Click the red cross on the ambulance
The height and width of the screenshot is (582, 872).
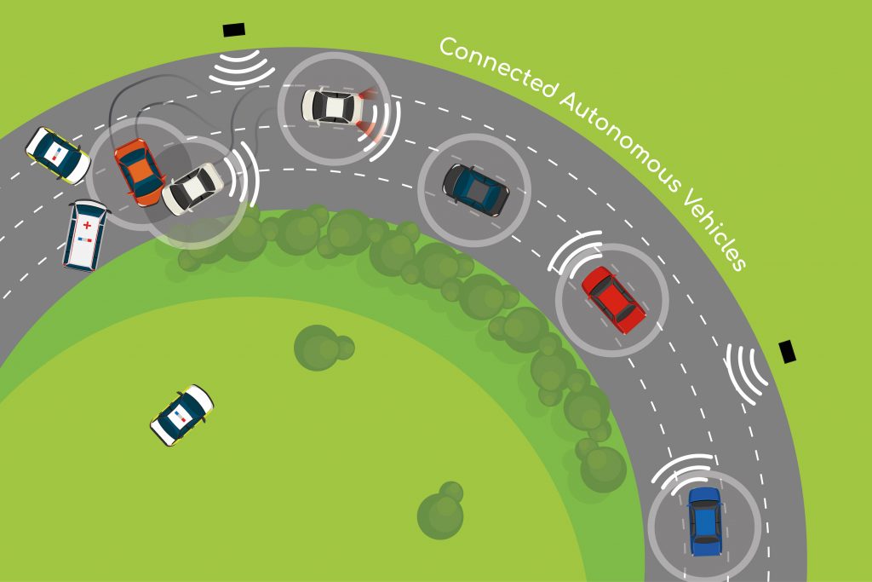click(x=87, y=225)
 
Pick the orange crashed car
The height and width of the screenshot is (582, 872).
click(x=140, y=171)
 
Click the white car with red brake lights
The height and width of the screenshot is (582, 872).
click(x=334, y=106)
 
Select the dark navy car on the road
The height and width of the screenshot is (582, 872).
click(x=475, y=190)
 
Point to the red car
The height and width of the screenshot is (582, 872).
click(x=613, y=300)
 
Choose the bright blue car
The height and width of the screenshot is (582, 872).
click(x=704, y=521)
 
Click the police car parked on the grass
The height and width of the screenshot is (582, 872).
click(x=182, y=415)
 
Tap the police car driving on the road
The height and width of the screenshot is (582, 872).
click(x=58, y=155)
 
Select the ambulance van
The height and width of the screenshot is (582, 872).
click(x=85, y=235)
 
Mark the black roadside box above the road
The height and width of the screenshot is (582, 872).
click(x=233, y=30)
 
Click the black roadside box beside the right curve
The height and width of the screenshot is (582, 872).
click(x=787, y=352)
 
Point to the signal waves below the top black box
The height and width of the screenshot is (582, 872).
click(x=241, y=68)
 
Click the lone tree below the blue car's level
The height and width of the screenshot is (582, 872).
click(x=440, y=510)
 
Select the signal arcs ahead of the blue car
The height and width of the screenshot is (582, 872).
click(x=683, y=472)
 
